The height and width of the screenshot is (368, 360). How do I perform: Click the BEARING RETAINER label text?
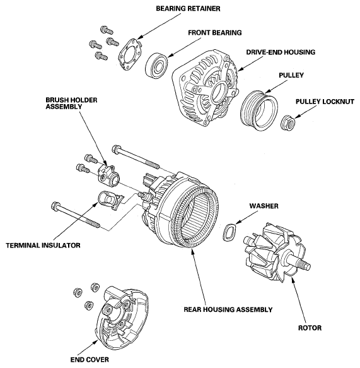click(188, 9)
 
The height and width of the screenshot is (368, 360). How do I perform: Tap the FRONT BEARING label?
click(215, 33)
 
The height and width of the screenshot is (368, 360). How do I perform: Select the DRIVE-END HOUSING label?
click(281, 52)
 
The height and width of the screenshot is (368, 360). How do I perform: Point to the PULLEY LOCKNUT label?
click(325, 102)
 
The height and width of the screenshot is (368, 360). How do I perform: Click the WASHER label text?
click(264, 206)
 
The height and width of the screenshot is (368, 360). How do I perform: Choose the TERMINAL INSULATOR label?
click(43, 246)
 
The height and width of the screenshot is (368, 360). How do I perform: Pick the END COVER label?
click(90, 360)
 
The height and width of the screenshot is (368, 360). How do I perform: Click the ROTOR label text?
click(310, 328)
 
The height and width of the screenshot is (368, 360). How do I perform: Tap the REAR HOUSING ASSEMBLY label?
click(228, 309)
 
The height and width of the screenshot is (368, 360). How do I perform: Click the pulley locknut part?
click(288, 122)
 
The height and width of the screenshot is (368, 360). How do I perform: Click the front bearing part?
click(156, 66)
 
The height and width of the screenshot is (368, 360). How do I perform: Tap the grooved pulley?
click(259, 110)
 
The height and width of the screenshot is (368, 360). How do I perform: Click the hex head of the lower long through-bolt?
click(55, 206)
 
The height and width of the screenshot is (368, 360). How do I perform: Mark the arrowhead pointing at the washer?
click(238, 222)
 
